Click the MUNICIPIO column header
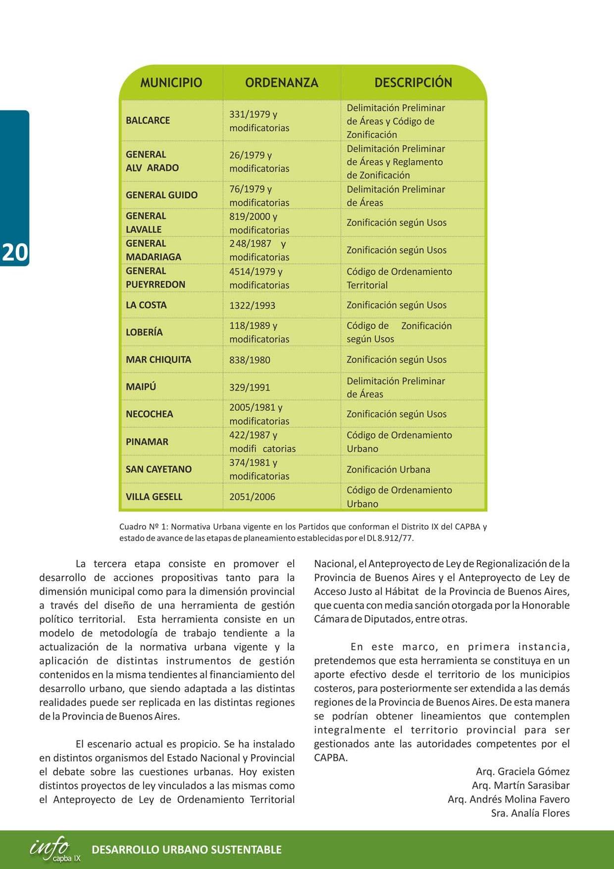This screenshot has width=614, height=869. click(x=171, y=82)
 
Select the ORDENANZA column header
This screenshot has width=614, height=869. click(x=281, y=82)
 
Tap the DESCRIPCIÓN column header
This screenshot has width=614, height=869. click(x=413, y=82)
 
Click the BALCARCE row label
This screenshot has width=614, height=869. click(x=148, y=120)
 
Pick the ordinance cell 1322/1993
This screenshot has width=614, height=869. click(x=252, y=305)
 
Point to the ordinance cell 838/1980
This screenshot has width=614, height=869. click(x=250, y=360)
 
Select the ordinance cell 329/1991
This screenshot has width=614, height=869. click(x=250, y=387)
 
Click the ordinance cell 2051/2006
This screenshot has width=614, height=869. click(x=252, y=497)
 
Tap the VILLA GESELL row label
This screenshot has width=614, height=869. click(x=154, y=497)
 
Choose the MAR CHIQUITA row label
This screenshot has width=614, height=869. click(x=158, y=360)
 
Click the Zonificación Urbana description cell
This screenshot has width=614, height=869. click(x=388, y=469)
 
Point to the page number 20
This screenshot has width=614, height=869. click(x=15, y=252)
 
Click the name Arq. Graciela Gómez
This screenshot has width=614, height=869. click(x=522, y=771)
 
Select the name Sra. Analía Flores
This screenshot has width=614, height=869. click(x=530, y=813)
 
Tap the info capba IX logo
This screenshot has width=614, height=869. click(x=54, y=849)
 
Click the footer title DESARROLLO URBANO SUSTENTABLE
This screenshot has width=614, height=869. click(x=187, y=850)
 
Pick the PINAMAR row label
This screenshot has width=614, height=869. click(x=147, y=442)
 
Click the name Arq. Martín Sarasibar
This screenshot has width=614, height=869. click(x=520, y=785)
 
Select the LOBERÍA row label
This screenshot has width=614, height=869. click(x=144, y=332)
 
